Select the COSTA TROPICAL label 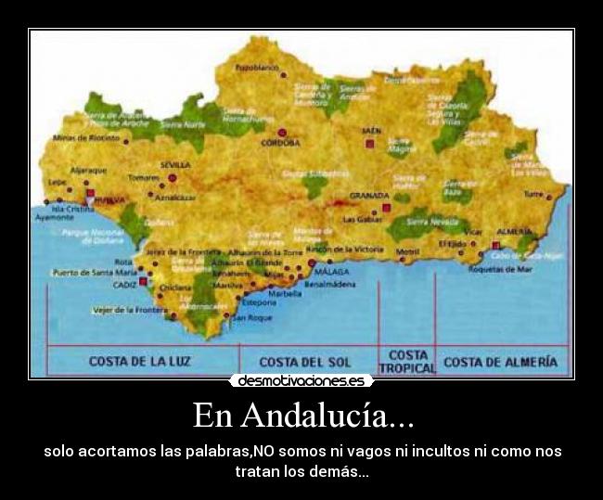pyautogui.click(x=407, y=361)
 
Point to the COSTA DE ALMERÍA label pyautogui.click(x=501, y=361)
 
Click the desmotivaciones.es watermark pyautogui.click(x=301, y=381)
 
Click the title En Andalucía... pyautogui.click(x=302, y=415)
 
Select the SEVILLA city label pyautogui.click(x=174, y=165)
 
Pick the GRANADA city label pyautogui.click(x=368, y=196)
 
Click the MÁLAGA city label pyautogui.click(x=332, y=272)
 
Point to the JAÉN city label pyautogui.click(x=372, y=131)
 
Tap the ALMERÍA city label pyautogui.click(x=513, y=230)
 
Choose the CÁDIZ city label pyautogui.click(x=124, y=285)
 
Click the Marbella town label pyautogui.click(x=285, y=294)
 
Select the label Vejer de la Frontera pyautogui.click(x=128, y=310)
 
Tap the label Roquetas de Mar pyautogui.click(x=499, y=269)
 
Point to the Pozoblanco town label pyautogui.click(x=257, y=68)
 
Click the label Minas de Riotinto pyautogui.click(x=87, y=138)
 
